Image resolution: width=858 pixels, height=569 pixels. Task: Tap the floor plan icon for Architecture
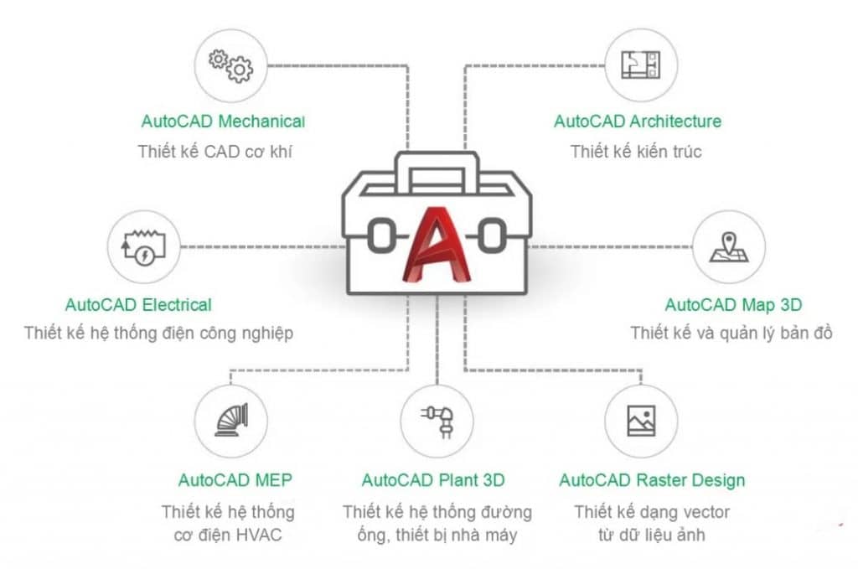coord(640,65)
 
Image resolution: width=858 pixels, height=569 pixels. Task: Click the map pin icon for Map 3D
coord(729,246)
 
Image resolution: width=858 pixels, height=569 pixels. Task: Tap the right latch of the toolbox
coord(490,235)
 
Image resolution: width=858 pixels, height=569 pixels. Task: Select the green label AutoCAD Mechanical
coord(223,121)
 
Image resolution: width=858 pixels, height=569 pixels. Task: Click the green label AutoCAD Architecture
coord(637,121)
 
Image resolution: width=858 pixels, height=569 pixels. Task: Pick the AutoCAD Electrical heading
coord(138,305)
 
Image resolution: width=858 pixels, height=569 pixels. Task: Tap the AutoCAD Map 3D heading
coord(733,305)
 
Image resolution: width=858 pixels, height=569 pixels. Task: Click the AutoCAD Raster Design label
coord(652,481)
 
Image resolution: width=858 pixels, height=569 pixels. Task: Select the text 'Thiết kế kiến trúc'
coord(636,152)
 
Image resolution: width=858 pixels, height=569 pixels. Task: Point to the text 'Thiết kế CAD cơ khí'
coord(216,152)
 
